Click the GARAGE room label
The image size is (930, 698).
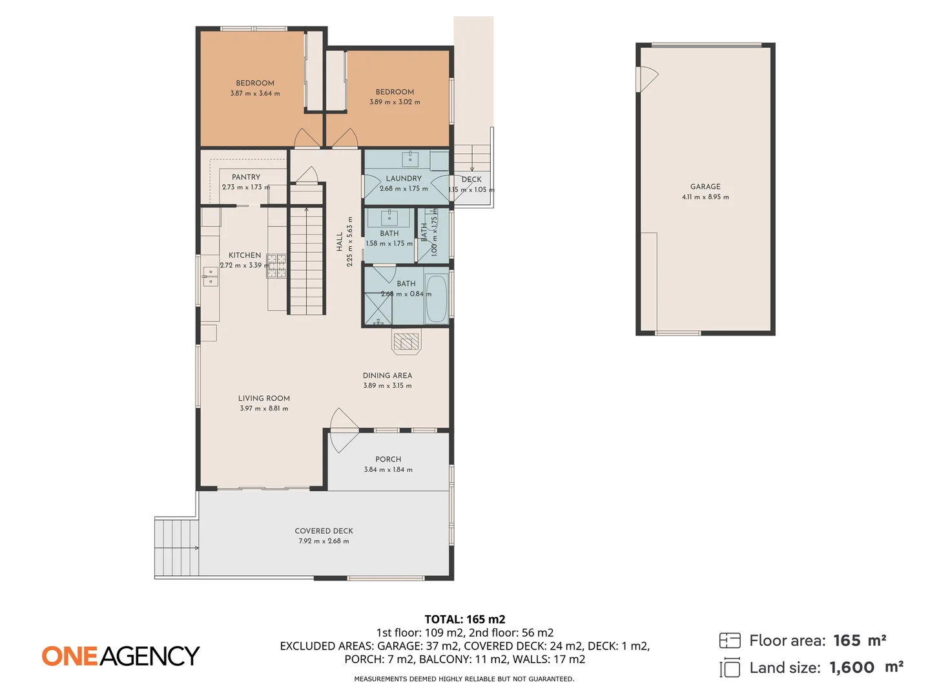click(705, 186)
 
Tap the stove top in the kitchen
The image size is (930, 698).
click(277, 266)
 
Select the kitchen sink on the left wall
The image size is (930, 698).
click(210, 276)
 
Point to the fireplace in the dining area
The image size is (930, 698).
click(406, 341)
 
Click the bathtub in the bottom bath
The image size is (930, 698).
click(437, 299)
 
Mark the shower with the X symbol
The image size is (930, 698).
click(378, 308)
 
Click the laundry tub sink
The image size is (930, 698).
click(410, 159)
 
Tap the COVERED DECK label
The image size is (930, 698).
click(324, 531)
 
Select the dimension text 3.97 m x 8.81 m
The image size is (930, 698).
click(264, 408)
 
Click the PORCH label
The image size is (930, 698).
click(388, 459)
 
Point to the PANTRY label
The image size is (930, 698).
click(246, 176)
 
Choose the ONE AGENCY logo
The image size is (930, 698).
click(121, 656)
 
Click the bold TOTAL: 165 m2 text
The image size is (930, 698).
click(464, 619)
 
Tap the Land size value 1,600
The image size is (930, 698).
click(852, 668)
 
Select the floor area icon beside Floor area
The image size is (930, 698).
click(730, 640)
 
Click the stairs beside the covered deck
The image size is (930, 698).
click(176, 547)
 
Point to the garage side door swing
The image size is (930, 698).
click(647, 79)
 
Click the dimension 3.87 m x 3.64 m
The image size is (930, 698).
click(255, 94)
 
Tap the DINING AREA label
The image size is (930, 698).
click(387, 375)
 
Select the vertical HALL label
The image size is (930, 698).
click(340, 242)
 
